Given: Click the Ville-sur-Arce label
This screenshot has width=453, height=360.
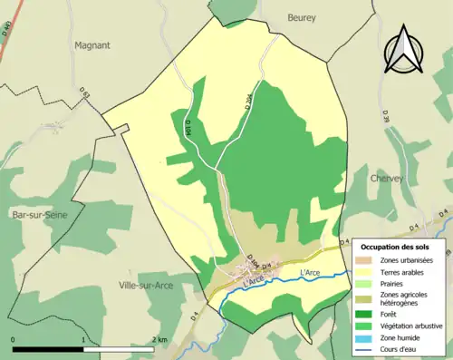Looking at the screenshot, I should (147, 285).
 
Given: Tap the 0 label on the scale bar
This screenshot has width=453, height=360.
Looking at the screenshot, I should (13, 340).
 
